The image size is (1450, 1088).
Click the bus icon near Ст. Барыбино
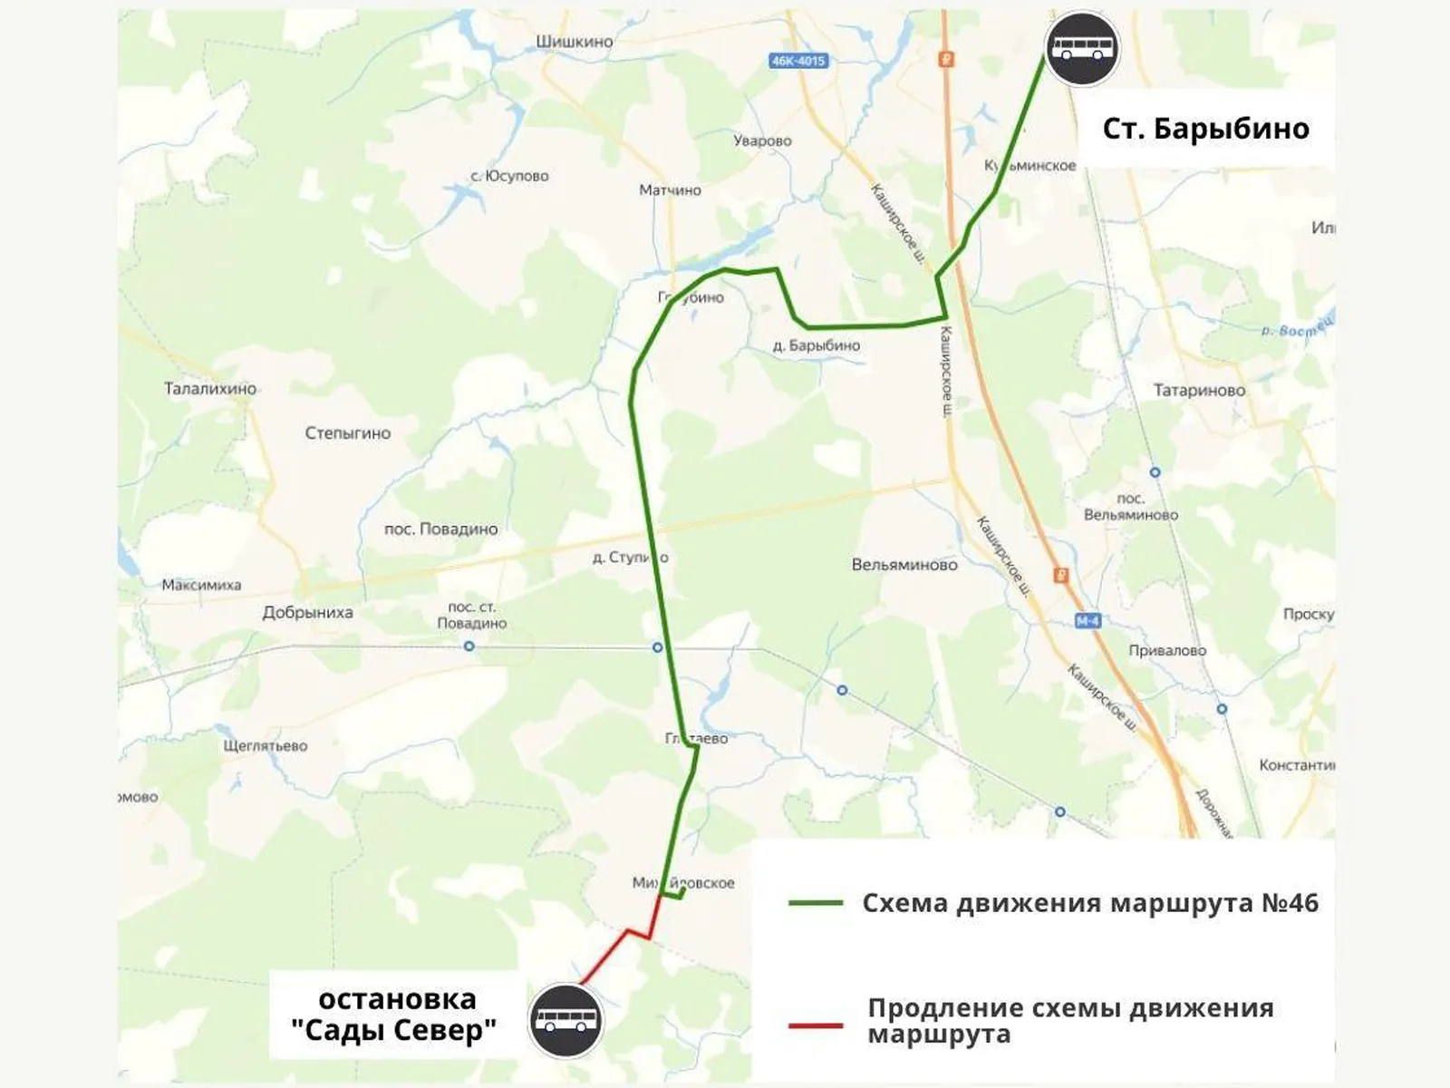pyautogui.click(x=1082, y=49)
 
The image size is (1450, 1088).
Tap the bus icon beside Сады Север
pyautogui.click(x=566, y=1021)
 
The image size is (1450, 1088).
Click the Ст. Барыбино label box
pyautogui.click(x=1205, y=129)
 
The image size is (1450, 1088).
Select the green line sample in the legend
pyautogui.click(x=816, y=903)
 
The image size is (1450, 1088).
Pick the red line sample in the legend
pyautogui.click(x=816, y=1025)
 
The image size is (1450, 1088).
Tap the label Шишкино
pyautogui.click(x=574, y=42)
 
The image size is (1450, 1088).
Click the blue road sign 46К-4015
pyautogui.click(x=798, y=61)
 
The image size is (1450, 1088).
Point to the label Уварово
pyautogui.click(x=762, y=141)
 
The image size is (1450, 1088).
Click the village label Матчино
pyautogui.click(x=670, y=189)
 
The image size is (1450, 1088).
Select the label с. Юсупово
pyautogui.click(x=509, y=176)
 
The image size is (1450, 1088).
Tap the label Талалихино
pyautogui.click(x=210, y=389)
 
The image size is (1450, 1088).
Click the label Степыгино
pyautogui.click(x=347, y=433)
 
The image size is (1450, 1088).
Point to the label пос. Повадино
pyautogui.click(x=440, y=529)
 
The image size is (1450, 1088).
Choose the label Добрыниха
pyautogui.click(x=307, y=612)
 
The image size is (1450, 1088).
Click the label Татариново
pyautogui.click(x=1199, y=391)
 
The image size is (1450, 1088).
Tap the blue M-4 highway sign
pyautogui.click(x=1087, y=621)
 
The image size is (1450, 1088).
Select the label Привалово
pyautogui.click(x=1167, y=650)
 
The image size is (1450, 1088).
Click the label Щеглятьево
pyautogui.click(x=266, y=745)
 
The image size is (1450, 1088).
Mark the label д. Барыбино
pyautogui.click(x=817, y=345)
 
